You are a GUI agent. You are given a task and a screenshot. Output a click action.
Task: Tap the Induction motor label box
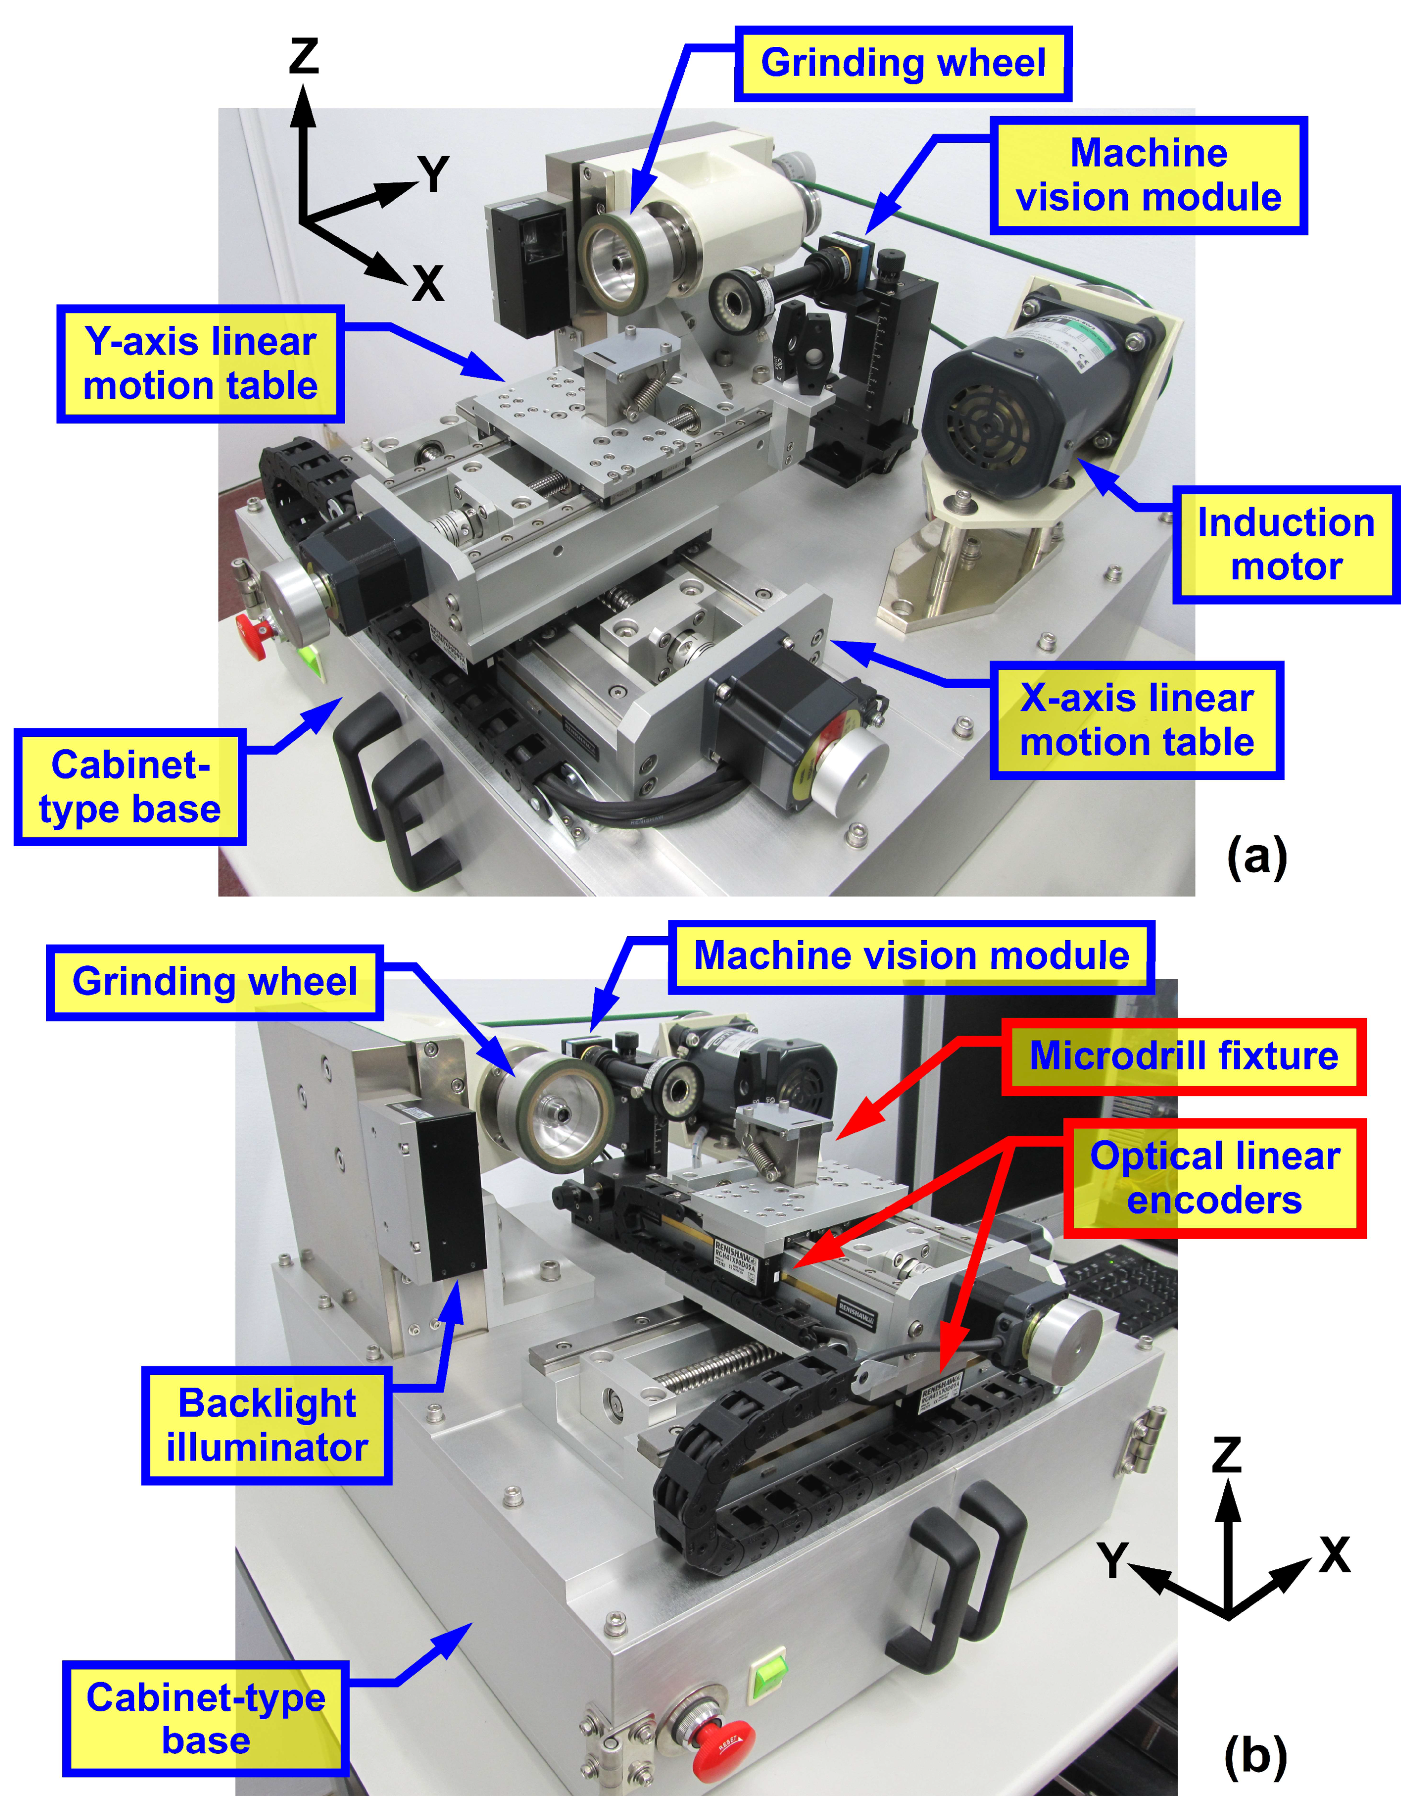pyautogui.click(x=1286, y=545)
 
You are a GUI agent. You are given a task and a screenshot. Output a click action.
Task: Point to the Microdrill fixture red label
pyautogui.click(x=1183, y=1056)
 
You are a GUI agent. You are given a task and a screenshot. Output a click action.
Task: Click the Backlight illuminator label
pyautogui.click(x=266, y=1426)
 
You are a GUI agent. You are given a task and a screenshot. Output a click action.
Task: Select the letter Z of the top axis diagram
pyautogui.click(x=304, y=56)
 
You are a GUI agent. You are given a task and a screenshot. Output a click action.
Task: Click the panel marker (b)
pyautogui.click(x=1254, y=1755)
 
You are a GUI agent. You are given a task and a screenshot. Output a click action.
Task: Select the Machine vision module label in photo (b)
pyautogui.click(x=911, y=956)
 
